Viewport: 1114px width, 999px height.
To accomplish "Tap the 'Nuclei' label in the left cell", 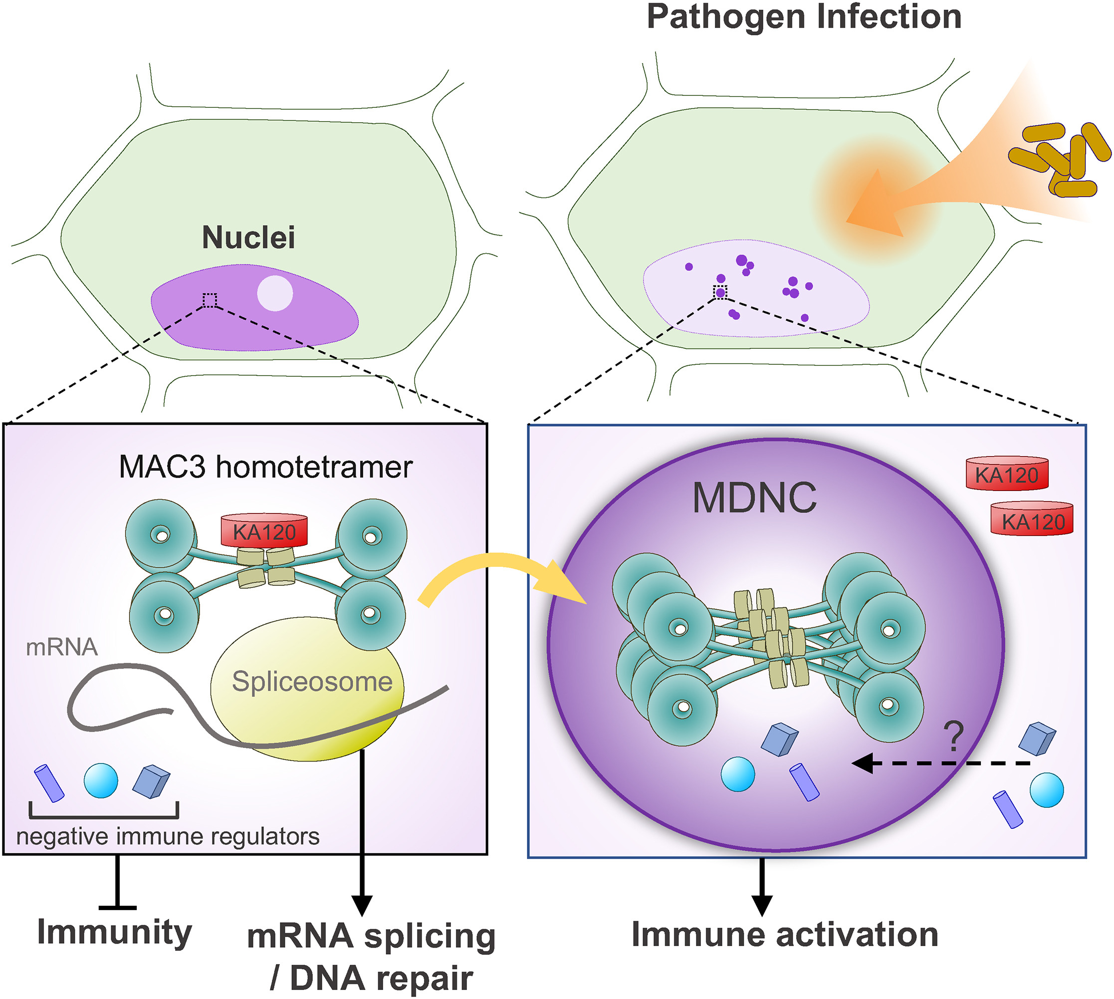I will (x=248, y=237).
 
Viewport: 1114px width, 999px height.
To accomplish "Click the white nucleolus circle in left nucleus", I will (x=275, y=293).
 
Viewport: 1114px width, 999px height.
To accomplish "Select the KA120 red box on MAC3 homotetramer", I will (x=264, y=531).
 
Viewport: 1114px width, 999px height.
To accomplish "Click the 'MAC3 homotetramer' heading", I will (x=265, y=467).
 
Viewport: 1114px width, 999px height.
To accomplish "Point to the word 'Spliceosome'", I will (x=312, y=682).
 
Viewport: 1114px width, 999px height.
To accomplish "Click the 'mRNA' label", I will (x=61, y=647).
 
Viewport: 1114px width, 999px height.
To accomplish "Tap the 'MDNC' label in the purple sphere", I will (x=754, y=498).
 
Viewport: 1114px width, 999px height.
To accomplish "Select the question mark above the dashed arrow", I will (x=954, y=737).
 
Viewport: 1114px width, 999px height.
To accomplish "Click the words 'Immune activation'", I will (x=785, y=934).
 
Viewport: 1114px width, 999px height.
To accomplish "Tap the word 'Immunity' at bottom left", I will (x=114, y=932).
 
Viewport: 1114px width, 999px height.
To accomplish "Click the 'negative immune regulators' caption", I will (x=168, y=836).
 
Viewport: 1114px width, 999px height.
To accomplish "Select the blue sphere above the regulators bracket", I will (x=101, y=780).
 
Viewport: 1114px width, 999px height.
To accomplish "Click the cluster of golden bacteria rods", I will (x=1059, y=159).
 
